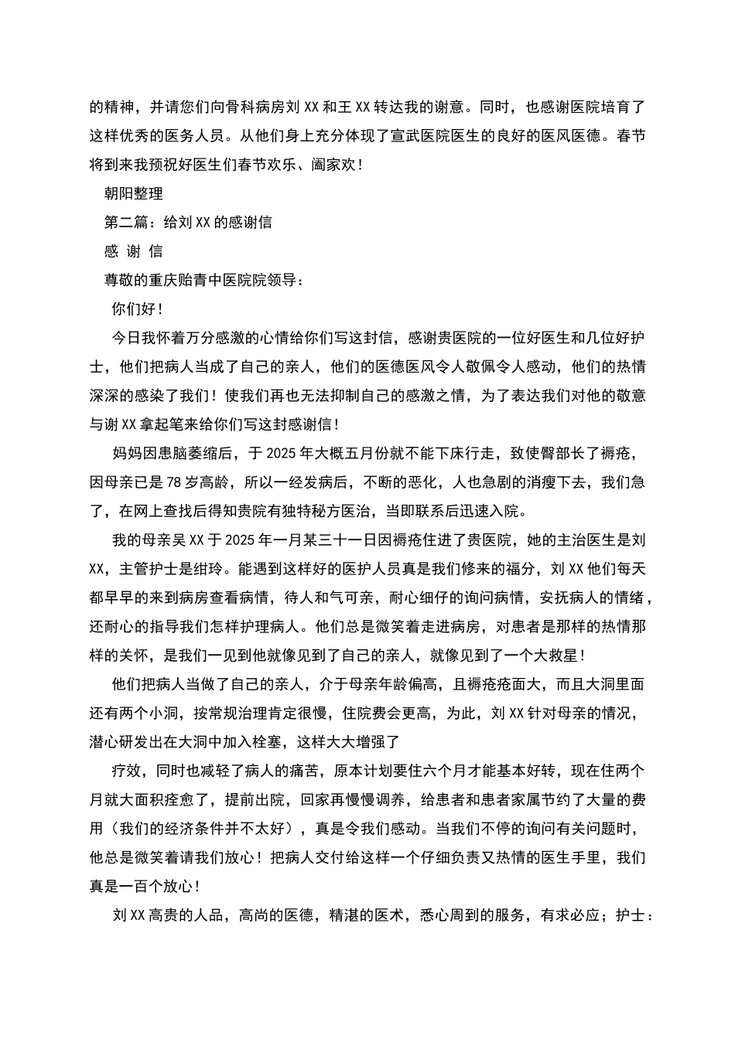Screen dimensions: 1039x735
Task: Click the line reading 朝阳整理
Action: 133,193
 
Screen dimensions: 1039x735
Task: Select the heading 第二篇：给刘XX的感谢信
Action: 188,223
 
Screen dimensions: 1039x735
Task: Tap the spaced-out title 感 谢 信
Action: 133,251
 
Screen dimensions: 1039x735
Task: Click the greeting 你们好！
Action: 138,309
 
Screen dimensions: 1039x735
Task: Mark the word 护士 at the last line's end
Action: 631,916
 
